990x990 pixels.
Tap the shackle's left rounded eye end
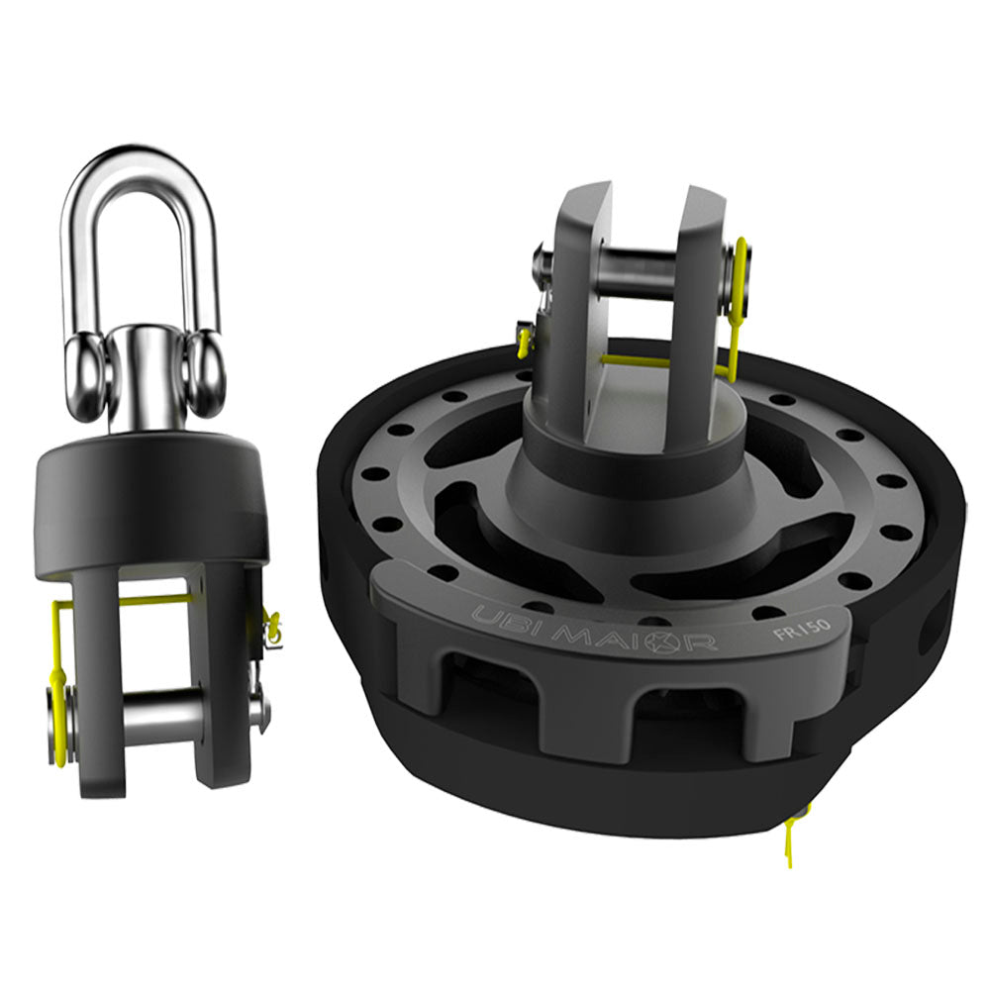84,373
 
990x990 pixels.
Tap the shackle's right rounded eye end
205,373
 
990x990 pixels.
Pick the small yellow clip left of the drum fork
524,341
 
